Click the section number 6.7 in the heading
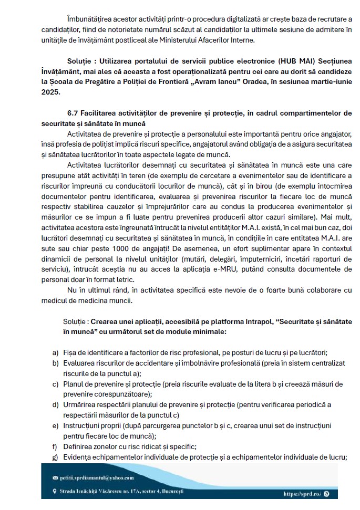74,113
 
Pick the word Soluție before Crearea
75,321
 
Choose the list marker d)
56,405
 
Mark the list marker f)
55,447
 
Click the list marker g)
56,457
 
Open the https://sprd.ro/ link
303,494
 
